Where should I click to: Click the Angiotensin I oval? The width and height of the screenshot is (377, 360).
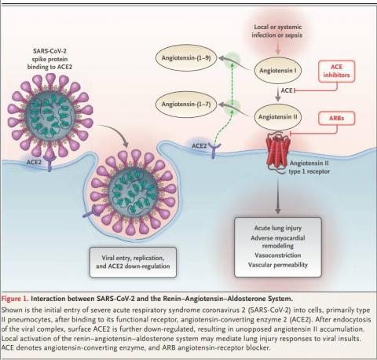pyautogui.click(x=278, y=71)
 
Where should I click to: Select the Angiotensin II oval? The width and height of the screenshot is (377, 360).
pyautogui.click(x=278, y=117)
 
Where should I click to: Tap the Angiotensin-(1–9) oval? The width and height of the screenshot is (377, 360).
pyautogui.click(x=186, y=57)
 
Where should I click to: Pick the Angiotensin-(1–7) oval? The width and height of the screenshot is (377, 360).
pyautogui.click(x=186, y=105)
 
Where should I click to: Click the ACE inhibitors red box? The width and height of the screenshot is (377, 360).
pyautogui.click(x=337, y=71)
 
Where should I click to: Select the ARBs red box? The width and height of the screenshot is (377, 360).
pyautogui.click(x=337, y=118)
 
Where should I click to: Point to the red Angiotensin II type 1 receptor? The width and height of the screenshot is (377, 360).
pyautogui.click(x=278, y=152)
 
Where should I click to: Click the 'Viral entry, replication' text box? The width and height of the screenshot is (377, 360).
pyautogui.click(x=133, y=262)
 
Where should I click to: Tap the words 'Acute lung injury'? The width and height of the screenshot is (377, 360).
pyautogui.click(x=278, y=228)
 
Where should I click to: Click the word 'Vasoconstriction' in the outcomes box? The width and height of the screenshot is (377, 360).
pyautogui.click(x=278, y=255)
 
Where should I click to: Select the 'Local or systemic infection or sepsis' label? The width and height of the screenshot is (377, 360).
pyautogui.click(x=277, y=31)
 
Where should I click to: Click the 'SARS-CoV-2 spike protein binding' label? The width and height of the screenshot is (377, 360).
pyautogui.click(x=49, y=59)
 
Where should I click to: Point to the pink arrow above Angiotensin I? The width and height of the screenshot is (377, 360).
pyautogui.click(x=278, y=47)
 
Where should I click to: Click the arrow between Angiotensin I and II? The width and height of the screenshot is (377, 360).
pyautogui.click(x=278, y=94)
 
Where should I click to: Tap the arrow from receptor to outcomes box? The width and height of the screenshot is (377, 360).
pyautogui.click(x=278, y=195)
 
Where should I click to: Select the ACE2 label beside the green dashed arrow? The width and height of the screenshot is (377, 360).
pyautogui.click(x=199, y=145)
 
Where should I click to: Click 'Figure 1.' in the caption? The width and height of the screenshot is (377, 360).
pyautogui.click(x=15, y=299)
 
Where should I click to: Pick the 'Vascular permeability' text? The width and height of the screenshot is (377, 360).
pyautogui.click(x=278, y=265)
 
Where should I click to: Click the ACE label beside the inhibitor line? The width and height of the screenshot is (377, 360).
pyautogui.click(x=287, y=90)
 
